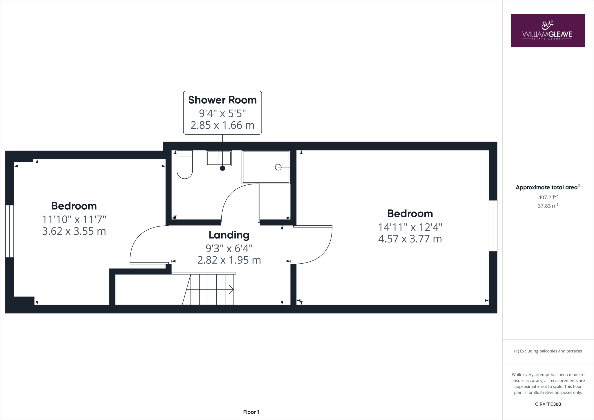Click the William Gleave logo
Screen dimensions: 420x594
(x=548, y=31)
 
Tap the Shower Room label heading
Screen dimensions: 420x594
(x=222, y=100)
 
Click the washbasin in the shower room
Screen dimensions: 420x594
(x=219, y=158)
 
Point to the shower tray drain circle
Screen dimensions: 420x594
(x=278, y=167)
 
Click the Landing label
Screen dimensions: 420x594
(x=229, y=235)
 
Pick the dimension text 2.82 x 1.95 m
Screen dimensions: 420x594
(x=229, y=260)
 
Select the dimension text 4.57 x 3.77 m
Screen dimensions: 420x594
(x=410, y=239)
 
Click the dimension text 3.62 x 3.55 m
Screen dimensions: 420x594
(x=74, y=231)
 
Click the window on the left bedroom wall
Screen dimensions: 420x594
(x=10, y=231)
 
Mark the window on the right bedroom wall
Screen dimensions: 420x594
(x=493, y=226)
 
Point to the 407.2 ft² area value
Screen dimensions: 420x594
(x=548, y=197)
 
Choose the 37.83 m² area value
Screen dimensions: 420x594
(x=548, y=206)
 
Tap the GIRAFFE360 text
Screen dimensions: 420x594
(x=548, y=404)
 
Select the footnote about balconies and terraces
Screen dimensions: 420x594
(x=548, y=351)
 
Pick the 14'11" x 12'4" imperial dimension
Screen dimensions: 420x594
(x=410, y=227)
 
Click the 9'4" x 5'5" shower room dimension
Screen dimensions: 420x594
(x=222, y=113)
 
